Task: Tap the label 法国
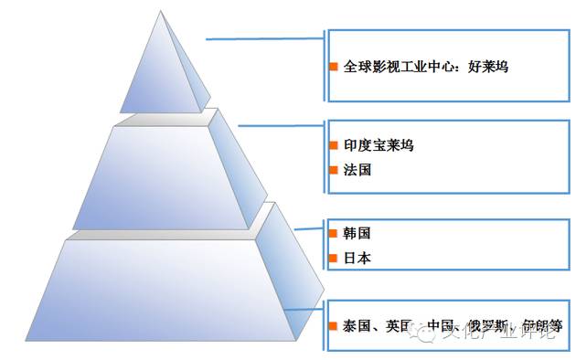coord(357,170)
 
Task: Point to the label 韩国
coord(357,234)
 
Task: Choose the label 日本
coord(357,259)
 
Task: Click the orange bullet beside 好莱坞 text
coord(334,68)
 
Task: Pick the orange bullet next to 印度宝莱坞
coord(334,146)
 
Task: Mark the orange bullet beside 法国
coord(334,171)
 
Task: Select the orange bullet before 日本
coord(334,259)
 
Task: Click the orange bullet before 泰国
coord(334,325)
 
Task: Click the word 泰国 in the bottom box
coord(357,325)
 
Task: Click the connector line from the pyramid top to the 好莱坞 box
coord(265,38)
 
